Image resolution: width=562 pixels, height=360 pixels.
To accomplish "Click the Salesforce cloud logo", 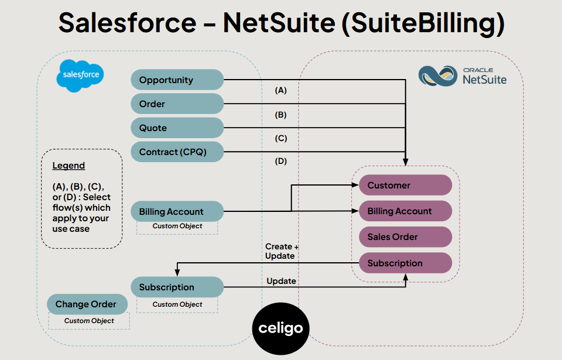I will click(80, 76).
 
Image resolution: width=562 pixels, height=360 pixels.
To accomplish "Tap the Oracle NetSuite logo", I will click(463, 76).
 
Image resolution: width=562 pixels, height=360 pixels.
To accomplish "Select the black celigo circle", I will click(280, 327).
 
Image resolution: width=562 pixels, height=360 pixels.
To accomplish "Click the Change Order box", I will click(87, 304).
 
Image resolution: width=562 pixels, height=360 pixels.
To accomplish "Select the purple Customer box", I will click(405, 185).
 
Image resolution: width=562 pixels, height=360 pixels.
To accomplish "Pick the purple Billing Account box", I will click(405, 211).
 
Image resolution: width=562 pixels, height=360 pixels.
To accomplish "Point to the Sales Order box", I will click(405, 236).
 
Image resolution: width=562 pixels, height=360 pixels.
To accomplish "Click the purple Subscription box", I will click(405, 263).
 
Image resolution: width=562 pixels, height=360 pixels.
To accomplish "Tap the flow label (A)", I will click(281, 91).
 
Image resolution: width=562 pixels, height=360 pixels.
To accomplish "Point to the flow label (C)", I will click(281, 139).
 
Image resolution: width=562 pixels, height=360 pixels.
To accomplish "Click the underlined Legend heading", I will click(68, 166).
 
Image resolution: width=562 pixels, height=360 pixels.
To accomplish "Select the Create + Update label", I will click(281, 251).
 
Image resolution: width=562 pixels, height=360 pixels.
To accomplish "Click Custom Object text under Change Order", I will click(89, 321).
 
